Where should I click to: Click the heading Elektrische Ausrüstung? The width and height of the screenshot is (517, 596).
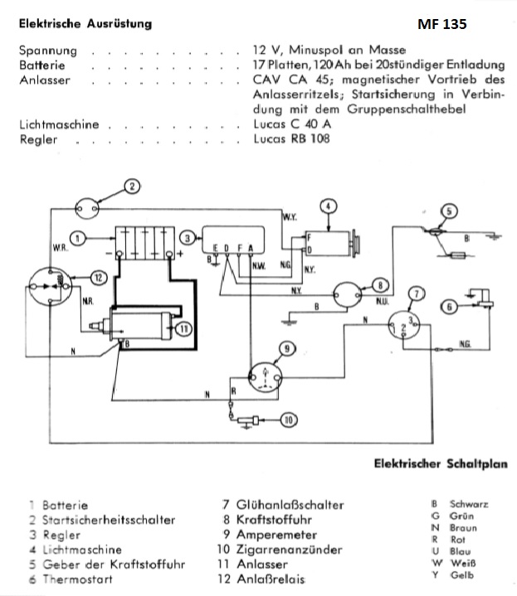pyautogui.click(x=85, y=24)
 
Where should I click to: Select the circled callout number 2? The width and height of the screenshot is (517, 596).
pyautogui.click(x=133, y=185)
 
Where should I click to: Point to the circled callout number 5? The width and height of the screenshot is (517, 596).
pyautogui.click(x=449, y=211)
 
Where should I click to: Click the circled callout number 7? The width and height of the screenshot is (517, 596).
pyautogui.click(x=417, y=293)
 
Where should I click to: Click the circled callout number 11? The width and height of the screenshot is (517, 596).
pyautogui.click(x=183, y=329)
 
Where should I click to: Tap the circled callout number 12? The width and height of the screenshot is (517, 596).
pyautogui.click(x=97, y=277)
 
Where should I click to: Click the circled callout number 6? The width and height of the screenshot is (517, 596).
pyautogui.click(x=451, y=306)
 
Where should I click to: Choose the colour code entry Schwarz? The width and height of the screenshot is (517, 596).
pyautogui.click(x=468, y=503)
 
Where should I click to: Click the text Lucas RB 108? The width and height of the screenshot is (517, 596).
pyautogui.click(x=291, y=139)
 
